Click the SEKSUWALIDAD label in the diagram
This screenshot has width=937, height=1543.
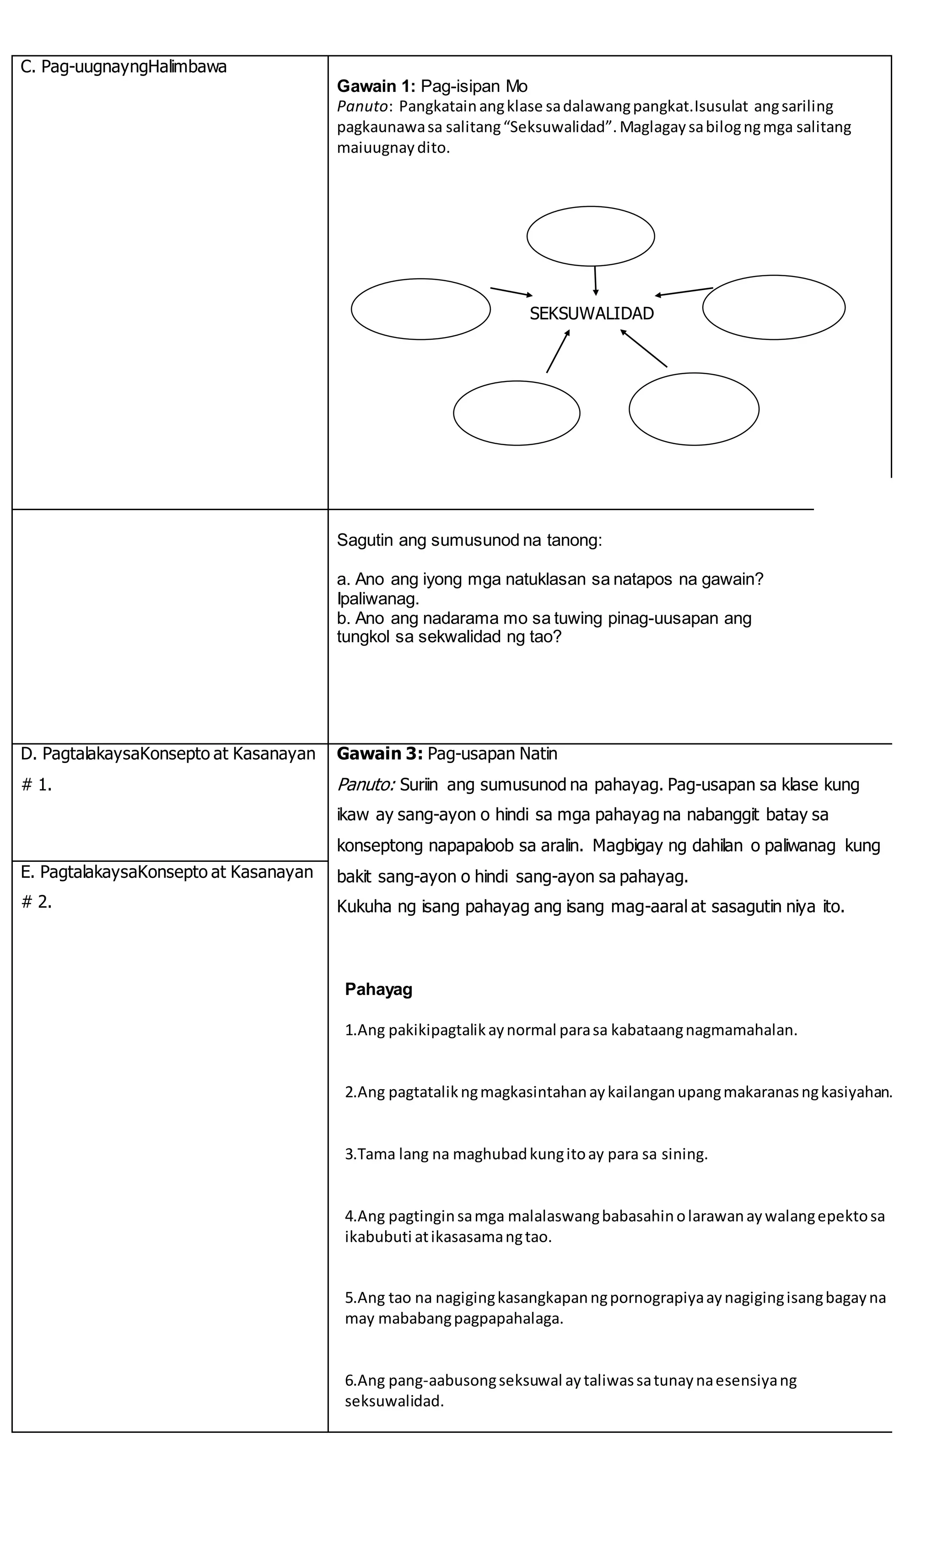click(x=591, y=314)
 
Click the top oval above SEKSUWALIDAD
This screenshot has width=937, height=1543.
click(x=591, y=236)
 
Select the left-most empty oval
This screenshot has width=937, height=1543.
click(x=420, y=309)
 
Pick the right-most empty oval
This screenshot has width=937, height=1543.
click(x=774, y=307)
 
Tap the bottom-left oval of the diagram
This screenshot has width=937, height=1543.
click(x=516, y=413)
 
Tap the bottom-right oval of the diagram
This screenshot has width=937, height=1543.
click(x=694, y=409)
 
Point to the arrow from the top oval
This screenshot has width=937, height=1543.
click(x=595, y=280)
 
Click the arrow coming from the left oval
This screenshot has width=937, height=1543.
click(x=511, y=292)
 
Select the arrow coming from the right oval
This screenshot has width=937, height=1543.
click(x=684, y=292)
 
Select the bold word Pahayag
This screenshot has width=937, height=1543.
click(x=378, y=989)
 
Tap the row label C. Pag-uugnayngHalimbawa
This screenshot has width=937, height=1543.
click(x=124, y=67)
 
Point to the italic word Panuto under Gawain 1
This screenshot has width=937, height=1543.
click(x=361, y=107)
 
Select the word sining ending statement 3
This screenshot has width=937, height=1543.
click(x=683, y=1154)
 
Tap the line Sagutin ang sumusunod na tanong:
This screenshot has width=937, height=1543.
click(x=469, y=540)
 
